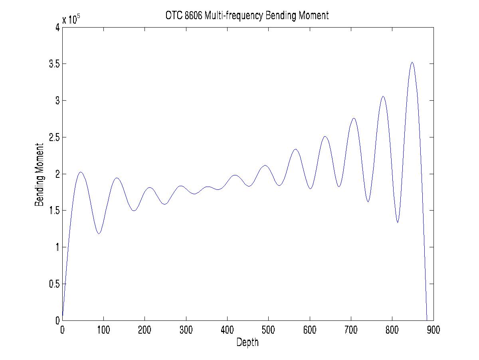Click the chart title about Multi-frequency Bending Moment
point(247,16)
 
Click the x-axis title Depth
point(247,342)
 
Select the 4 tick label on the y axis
point(57,28)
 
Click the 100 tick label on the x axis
point(103,330)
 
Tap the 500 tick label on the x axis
point(268,330)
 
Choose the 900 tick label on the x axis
point(433,330)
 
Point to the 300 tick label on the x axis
point(186,330)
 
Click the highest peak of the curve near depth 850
point(412,62)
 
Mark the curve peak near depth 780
point(383,96)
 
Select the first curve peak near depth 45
point(81,172)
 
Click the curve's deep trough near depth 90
point(99,234)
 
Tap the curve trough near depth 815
point(398,222)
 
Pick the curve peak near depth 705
point(354,118)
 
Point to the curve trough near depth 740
point(368,202)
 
